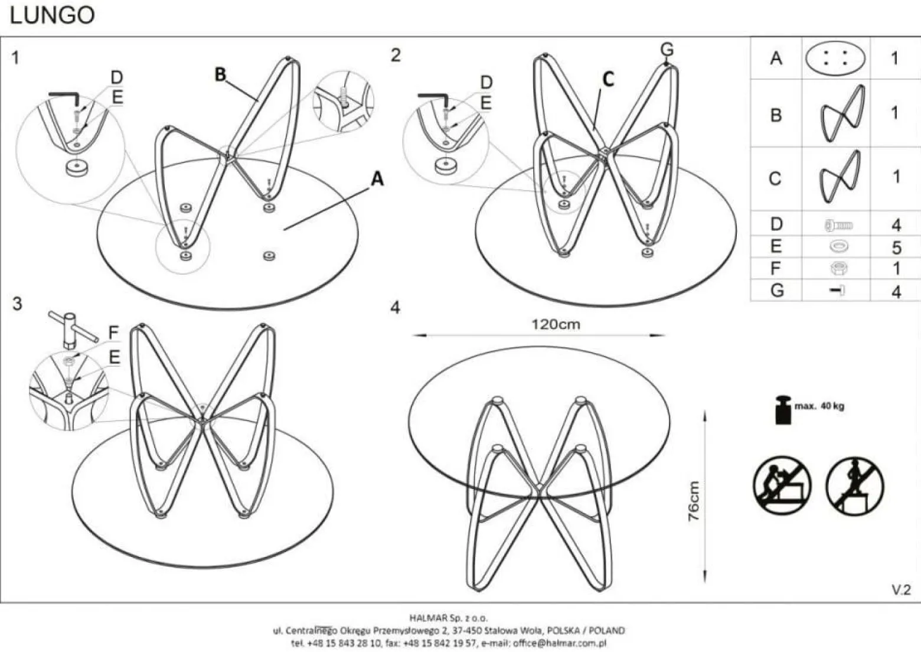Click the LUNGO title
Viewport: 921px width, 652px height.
pos(52,15)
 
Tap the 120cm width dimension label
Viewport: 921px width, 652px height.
pos(556,325)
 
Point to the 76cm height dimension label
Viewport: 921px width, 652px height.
pos(694,501)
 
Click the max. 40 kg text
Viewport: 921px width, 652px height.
pos(819,406)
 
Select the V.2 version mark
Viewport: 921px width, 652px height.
pos(902,591)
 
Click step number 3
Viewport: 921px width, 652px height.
pos(17,304)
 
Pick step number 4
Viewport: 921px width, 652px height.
pos(395,308)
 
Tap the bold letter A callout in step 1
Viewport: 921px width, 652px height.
pos(377,179)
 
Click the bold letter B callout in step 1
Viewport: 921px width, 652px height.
pos(220,74)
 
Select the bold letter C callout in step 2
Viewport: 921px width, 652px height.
pos(609,79)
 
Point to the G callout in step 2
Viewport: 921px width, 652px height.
pos(667,50)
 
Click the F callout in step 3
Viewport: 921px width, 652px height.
pos(113,332)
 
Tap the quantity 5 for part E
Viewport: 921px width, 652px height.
pos(897,247)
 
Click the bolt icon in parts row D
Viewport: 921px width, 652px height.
pos(839,226)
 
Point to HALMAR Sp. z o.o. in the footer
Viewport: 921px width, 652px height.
pos(449,617)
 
